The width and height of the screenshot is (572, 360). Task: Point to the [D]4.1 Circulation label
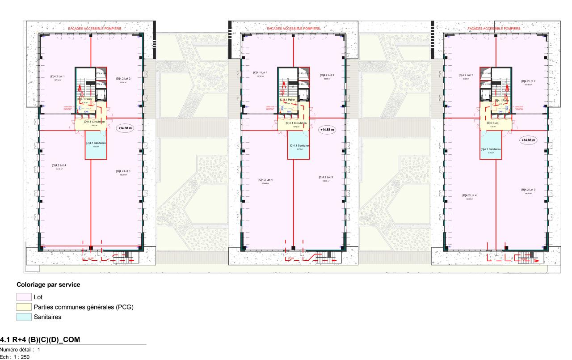94,122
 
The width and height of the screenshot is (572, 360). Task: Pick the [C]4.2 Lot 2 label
327,75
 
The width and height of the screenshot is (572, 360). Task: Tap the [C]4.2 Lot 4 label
265,180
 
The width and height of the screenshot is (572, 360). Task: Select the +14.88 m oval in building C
327,130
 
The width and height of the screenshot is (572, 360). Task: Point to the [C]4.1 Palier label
287,100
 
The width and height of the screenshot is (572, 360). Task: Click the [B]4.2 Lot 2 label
528,81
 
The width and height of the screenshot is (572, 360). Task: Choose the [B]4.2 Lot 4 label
469,195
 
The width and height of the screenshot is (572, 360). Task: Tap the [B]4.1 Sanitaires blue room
490,150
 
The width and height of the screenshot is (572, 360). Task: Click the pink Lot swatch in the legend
24,296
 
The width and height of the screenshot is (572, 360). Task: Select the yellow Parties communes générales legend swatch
24,307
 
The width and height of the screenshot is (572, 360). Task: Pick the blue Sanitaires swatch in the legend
24,317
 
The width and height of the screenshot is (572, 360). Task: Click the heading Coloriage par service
48,284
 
